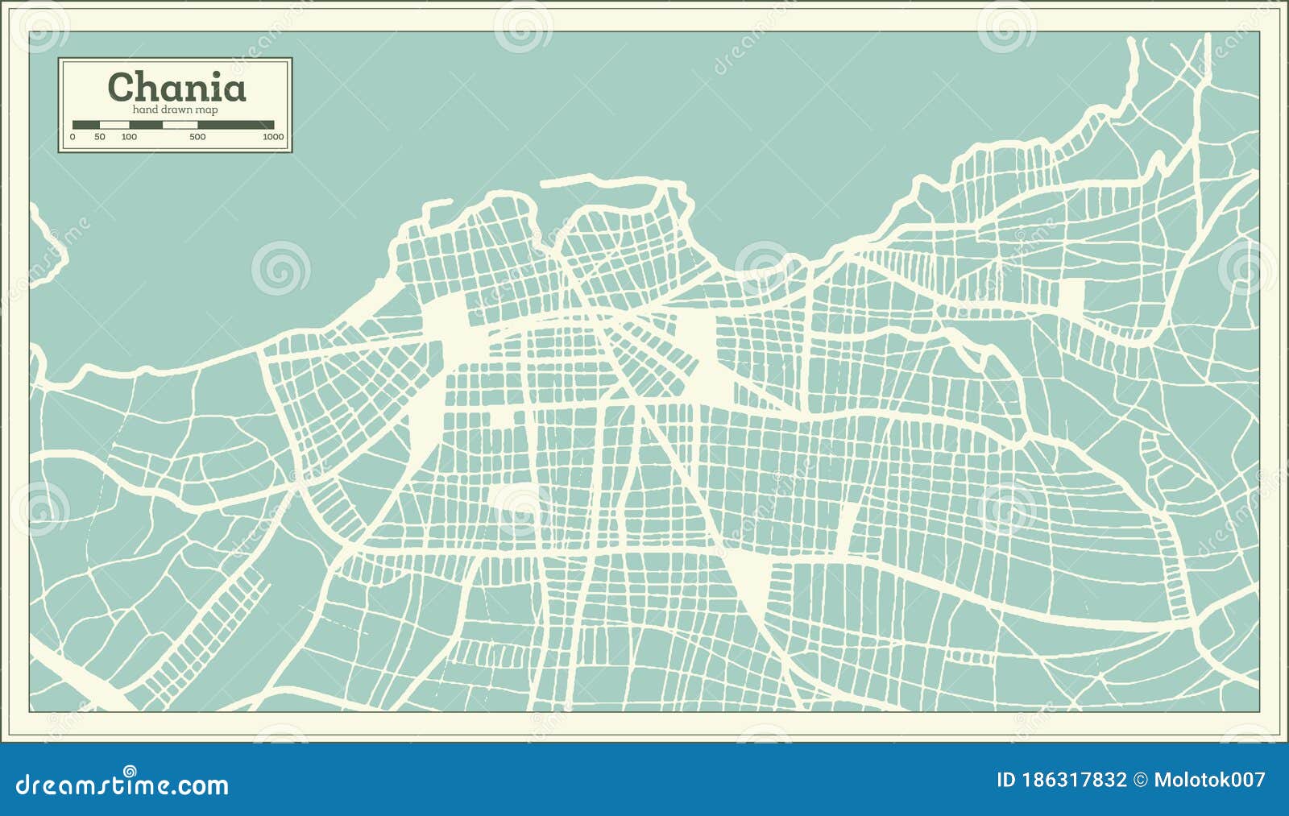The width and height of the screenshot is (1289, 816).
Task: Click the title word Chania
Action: (176, 88)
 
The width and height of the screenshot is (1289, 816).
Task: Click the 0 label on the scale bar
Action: (73, 137)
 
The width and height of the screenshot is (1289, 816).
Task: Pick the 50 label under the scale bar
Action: (99, 137)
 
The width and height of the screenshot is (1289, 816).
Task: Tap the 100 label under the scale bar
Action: (129, 137)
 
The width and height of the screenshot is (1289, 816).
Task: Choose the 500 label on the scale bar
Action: (197, 137)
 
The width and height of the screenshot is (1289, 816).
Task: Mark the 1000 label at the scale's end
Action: (273, 137)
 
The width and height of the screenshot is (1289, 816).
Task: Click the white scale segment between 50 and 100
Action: (114, 125)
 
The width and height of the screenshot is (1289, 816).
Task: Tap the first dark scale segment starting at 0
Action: (85, 125)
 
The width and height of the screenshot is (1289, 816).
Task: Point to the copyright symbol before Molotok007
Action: (1140, 780)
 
